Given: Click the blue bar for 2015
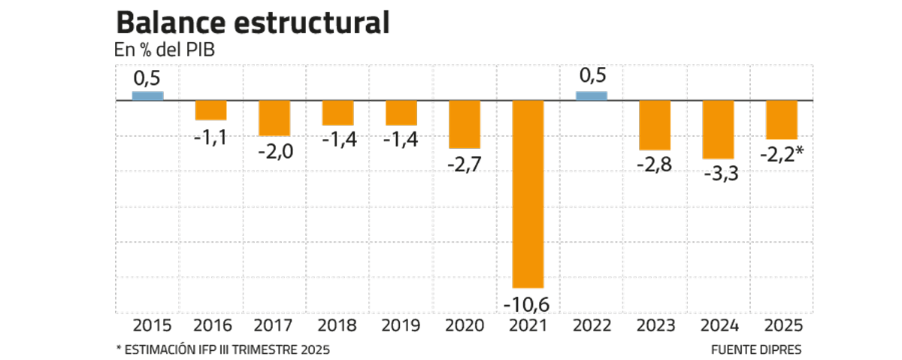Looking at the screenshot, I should [x=147, y=95].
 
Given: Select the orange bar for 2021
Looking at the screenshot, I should [x=528, y=194].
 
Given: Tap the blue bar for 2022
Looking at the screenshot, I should [x=591, y=95].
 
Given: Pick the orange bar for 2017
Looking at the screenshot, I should [x=274, y=118].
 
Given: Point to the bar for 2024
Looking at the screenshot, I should [x=718, y=129].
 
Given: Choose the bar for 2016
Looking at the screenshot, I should [x=211, y=110].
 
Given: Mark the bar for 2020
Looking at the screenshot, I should [x=465, y=124].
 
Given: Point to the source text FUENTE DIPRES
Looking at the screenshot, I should [x=755, y=349].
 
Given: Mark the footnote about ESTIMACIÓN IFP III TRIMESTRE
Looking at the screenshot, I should [x=222, y=349].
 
